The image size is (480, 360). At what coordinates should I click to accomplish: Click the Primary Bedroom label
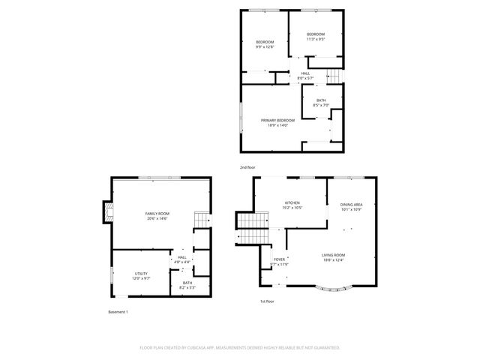(277, 120)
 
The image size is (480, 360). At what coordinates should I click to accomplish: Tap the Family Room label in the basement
(156, 214)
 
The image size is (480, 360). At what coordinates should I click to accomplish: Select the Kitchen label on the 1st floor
(292, 203)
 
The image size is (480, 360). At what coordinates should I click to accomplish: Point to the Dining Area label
(351, 205)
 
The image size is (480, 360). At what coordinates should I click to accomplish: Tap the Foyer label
(279, 259)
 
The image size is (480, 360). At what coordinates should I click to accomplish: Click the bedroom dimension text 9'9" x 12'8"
(265, 46)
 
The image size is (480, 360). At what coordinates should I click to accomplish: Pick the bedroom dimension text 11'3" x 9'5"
(316, 39)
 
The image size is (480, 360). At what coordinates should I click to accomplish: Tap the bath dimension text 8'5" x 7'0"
(321, 105)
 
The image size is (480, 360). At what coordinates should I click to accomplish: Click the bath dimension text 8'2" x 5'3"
(187, 287)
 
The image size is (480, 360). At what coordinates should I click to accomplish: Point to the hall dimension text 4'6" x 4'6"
(182, 262)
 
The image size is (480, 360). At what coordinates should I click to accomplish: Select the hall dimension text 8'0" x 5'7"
(305, 78)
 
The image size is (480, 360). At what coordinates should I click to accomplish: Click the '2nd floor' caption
(247, 167)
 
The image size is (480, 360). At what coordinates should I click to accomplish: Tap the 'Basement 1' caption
(118, 311)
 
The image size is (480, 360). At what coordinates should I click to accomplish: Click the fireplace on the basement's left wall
(107, 214)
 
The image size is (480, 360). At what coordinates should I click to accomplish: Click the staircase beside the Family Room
(201, 220)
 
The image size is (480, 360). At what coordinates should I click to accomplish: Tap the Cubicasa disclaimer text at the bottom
(240, 347)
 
